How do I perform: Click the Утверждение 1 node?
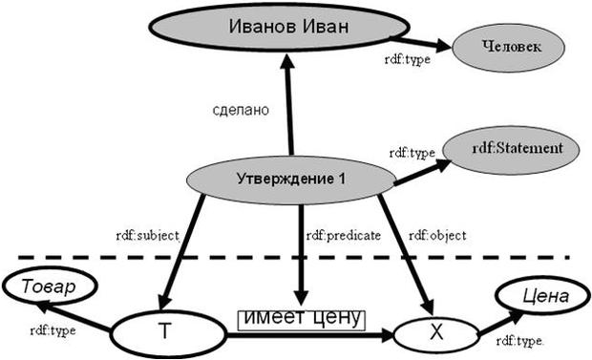point(289,178)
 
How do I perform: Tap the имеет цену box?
point(302,318)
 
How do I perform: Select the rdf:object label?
point(434,234)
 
